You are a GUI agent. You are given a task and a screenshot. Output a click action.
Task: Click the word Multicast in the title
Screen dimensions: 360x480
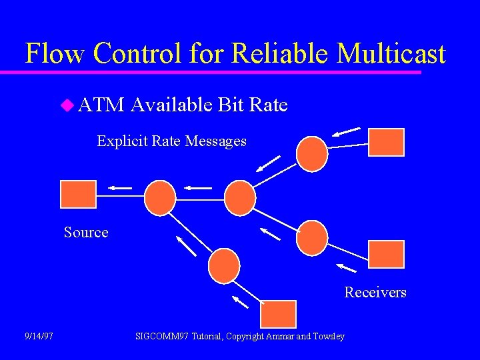391,53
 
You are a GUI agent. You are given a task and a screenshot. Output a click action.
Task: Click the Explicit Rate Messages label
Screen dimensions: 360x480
171,141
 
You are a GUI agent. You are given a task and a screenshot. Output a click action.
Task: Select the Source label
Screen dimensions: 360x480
86,233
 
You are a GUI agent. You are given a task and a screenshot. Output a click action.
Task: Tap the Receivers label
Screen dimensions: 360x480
375,293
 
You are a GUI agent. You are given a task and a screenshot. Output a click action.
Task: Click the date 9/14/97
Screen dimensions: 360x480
39,336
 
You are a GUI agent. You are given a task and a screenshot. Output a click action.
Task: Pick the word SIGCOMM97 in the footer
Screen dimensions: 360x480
161,336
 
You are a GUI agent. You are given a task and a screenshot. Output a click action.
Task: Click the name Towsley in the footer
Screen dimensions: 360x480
329,336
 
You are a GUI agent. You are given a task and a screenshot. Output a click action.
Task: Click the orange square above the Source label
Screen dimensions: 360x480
78,194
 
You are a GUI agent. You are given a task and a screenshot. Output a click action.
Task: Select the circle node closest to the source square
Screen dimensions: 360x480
160,198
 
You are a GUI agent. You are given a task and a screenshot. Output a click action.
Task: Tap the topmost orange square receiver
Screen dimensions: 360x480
387,142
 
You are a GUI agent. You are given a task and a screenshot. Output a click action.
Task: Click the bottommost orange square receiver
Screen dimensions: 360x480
278,314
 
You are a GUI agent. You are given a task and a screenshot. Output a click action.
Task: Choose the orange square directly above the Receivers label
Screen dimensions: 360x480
387,254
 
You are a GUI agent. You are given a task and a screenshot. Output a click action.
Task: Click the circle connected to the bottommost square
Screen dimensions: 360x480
224,266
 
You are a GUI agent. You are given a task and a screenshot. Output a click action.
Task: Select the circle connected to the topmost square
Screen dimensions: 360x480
312,154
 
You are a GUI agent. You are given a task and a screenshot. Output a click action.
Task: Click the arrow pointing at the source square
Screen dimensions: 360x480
121,189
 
